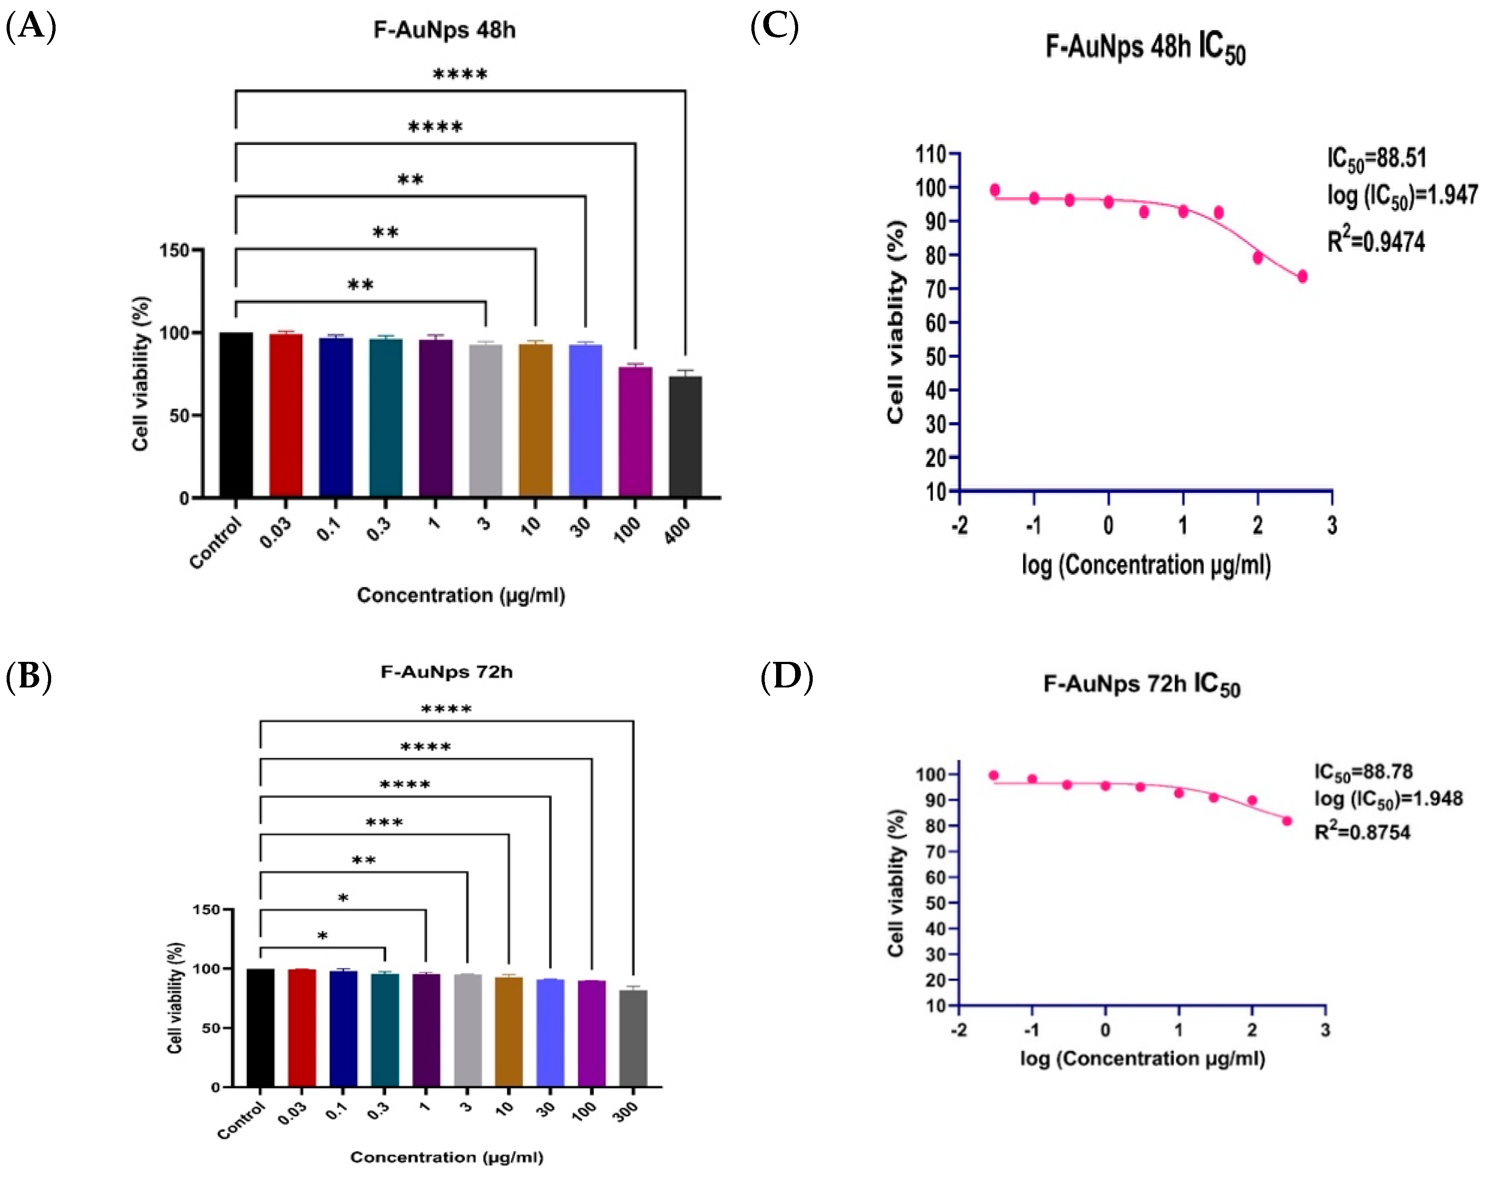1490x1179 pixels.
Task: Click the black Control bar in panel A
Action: [x=236, y=414]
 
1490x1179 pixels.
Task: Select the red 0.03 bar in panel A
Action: [x=286, y=416]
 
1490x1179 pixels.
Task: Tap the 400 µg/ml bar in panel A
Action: [x=685, y=436]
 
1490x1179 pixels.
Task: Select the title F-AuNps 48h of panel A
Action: [x=444, y=30]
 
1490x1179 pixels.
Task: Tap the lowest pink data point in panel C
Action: [x=1302, y=276]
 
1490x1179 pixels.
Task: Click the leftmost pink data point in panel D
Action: [x=994, y=775]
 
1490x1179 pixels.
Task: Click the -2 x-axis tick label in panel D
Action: [x=959, y=1031]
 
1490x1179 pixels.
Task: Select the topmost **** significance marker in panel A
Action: [x=460, y=75]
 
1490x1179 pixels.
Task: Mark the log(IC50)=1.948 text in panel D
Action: [x=1388, y=800]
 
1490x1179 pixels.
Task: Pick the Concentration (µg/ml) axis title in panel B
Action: [x=447, y=1157]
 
